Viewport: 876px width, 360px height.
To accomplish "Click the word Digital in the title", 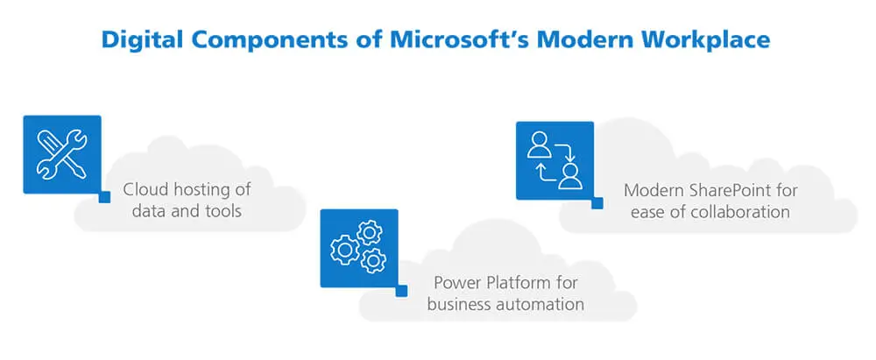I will pos(140,39).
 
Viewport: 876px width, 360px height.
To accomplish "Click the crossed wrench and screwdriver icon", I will pos(61,154).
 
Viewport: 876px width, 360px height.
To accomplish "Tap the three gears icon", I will pos(359,247).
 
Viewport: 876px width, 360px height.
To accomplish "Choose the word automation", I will pos(536,305).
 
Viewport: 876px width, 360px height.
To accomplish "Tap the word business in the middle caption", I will pos(457,305).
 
